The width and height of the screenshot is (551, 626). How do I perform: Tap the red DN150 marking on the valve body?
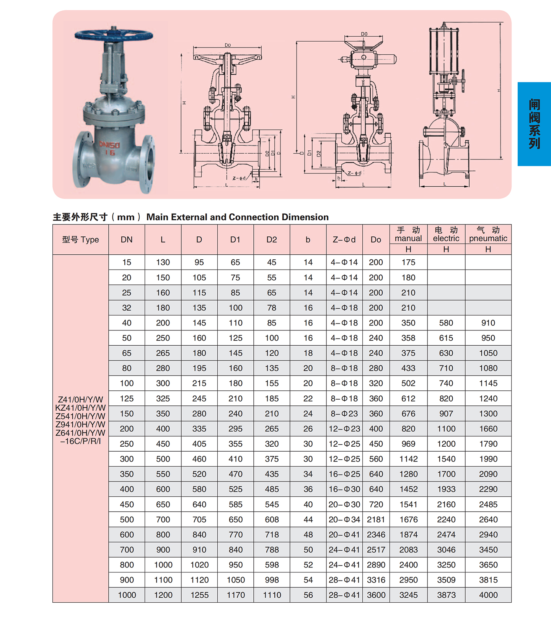109,145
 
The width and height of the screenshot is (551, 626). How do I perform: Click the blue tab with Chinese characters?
534,124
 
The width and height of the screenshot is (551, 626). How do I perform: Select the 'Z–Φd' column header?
344,240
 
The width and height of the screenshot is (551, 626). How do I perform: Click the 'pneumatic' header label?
488,238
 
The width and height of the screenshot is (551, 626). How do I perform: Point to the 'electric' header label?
446,238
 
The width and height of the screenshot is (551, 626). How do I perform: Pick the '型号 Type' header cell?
80,240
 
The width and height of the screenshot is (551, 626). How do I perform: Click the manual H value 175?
408,262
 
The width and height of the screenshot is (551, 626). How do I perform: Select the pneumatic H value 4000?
488,595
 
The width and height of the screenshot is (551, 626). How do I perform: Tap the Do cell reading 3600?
376,595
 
